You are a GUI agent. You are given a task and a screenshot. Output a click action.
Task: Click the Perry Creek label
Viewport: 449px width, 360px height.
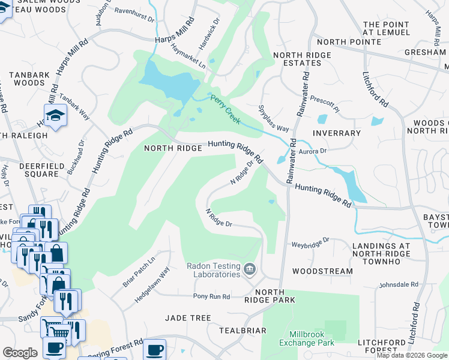coord(225,109)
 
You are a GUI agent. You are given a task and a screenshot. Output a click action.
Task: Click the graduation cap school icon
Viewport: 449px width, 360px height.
coord(55,115)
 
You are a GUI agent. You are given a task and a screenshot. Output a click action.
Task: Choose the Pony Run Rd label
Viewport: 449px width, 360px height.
coord(211,296)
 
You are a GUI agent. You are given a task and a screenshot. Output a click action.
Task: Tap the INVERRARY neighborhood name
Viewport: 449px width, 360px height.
coord(337,133)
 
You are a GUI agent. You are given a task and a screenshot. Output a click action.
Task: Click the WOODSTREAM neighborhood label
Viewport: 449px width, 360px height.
coord(322,271)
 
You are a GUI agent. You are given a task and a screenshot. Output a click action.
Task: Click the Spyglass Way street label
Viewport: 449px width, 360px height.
coord(273,120)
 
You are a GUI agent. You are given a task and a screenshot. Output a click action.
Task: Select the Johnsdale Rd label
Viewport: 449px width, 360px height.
coord(398,284)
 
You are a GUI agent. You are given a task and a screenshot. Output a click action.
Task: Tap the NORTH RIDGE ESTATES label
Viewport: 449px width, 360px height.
coord(301,59)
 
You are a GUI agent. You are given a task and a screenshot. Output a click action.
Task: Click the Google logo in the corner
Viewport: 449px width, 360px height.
coord(19,353)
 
